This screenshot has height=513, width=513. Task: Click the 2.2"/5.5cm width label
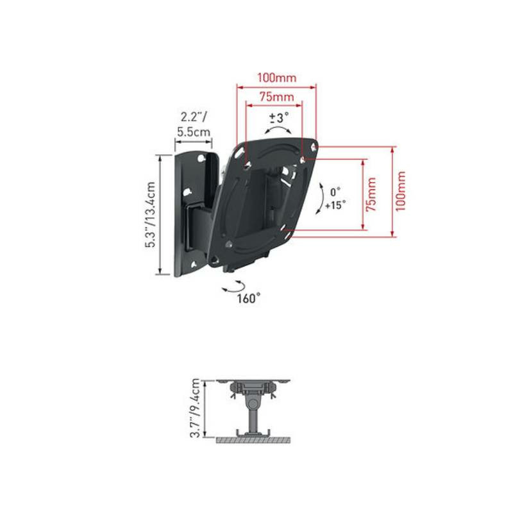[193, 124]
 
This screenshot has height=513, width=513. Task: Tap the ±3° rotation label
[278, 117]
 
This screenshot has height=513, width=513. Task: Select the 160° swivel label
[249, 298]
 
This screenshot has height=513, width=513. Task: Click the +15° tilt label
[335, 205]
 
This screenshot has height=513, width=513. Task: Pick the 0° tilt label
[335, 192]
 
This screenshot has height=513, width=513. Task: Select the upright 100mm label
[276, 78]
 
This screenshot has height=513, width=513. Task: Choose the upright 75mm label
[276, 97]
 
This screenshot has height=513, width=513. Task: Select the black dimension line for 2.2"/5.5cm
[193, 144]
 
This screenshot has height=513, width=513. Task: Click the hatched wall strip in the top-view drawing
[253, 441]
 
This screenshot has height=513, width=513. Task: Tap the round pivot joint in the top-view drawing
[253, 403]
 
